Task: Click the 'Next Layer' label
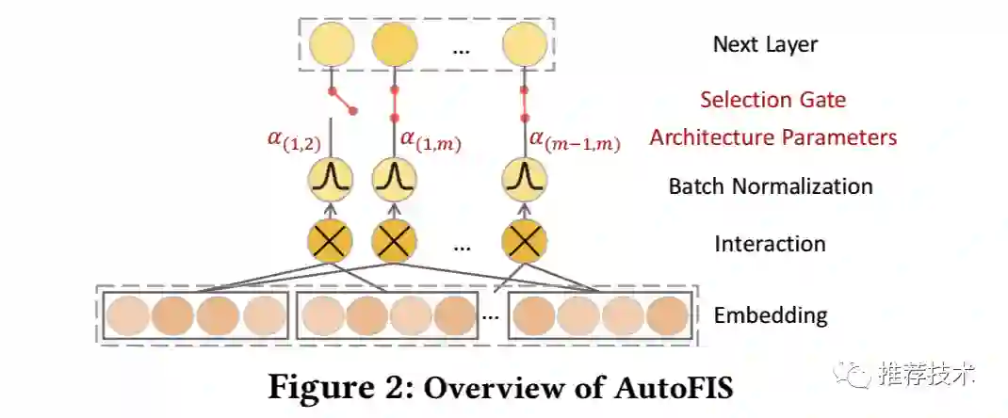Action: (x=765, y=44)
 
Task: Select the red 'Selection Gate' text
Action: (x=772, y=99)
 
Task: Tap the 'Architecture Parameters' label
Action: (x=772, y=137)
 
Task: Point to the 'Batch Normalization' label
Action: (x=771, y=186)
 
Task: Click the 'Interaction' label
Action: (x=770, y=244)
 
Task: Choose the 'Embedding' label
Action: (x=771, y=314)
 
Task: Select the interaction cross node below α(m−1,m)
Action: (x=525, y=240)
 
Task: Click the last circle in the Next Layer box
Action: (x=524, y=45)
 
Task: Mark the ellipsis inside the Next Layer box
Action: (x=461, y=49)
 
